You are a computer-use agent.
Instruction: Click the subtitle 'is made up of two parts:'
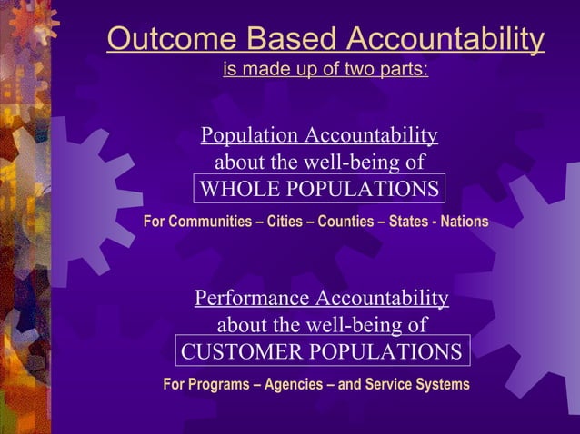[325, 69]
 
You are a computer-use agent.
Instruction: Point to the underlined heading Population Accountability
[319, 136]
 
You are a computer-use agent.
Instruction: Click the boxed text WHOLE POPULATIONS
[319, 190]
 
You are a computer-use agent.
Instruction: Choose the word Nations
[465, 222]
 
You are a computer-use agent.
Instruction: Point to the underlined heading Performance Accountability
[322, 299]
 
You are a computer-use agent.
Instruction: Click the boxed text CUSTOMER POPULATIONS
[322, 351]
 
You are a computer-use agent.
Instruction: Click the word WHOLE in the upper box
[235, 190]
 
